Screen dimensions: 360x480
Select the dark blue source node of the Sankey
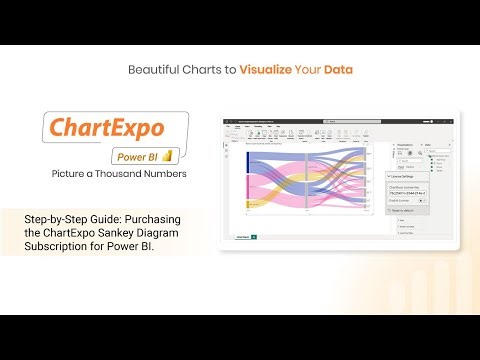point(247,162)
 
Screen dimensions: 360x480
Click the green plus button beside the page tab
point(255,237)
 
